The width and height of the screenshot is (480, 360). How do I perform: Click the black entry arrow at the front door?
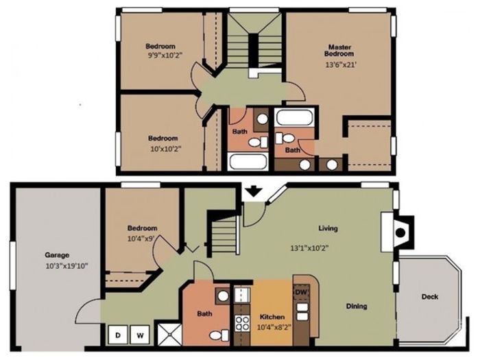[254, 191]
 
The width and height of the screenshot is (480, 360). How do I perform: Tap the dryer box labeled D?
[118, 335]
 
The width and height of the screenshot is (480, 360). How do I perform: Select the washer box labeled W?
[140, 335]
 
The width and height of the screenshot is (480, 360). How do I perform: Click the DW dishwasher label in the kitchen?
[301, 292]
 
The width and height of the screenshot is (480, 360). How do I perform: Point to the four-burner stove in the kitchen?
[243, 324]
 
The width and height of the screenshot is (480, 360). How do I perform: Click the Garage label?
[57, 255]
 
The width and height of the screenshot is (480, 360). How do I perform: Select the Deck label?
[430, 297]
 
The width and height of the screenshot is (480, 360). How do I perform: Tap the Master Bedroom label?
[339, 51]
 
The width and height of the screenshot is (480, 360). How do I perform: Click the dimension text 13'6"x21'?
[341, 65]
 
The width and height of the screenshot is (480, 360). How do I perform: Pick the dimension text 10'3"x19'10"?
[67, 266]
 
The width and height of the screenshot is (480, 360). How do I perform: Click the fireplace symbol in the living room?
[400, 232]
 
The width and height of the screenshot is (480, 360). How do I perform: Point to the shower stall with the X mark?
[169, 335]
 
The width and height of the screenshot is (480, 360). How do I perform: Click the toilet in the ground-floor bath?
[219, 335]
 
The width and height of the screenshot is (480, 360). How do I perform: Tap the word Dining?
[357, 306]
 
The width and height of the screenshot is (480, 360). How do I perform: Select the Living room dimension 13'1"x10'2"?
[309, 248]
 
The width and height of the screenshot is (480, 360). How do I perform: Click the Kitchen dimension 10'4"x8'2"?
[274, 327]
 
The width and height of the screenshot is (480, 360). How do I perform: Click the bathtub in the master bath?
[294, 118]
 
